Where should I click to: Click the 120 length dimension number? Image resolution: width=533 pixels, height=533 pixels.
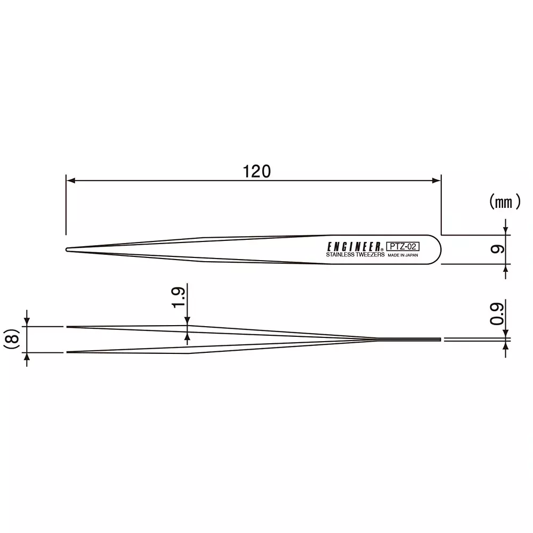(x=257, y=171)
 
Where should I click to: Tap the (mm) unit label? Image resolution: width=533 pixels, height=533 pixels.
(x=504, y=202)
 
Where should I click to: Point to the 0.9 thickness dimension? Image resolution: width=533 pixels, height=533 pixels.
(x=496, y=314)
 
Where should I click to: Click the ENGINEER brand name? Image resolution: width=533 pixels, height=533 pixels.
(x=353, y=247)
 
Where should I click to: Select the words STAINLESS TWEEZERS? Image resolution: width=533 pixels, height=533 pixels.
(x=355, y=255)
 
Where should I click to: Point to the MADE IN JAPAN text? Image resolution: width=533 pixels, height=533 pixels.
(x=403, y=256)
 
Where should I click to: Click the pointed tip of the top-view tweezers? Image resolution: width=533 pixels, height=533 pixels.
(x=67, y=249)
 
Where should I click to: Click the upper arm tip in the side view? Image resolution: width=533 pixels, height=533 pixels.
(x=68, y=326)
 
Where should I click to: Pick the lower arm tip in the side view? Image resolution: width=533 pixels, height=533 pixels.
(x=68, y=352)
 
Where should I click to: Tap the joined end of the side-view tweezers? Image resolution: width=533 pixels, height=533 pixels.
(x=440, y=340)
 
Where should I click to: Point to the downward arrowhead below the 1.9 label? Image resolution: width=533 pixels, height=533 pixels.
(x=188, y=321)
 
